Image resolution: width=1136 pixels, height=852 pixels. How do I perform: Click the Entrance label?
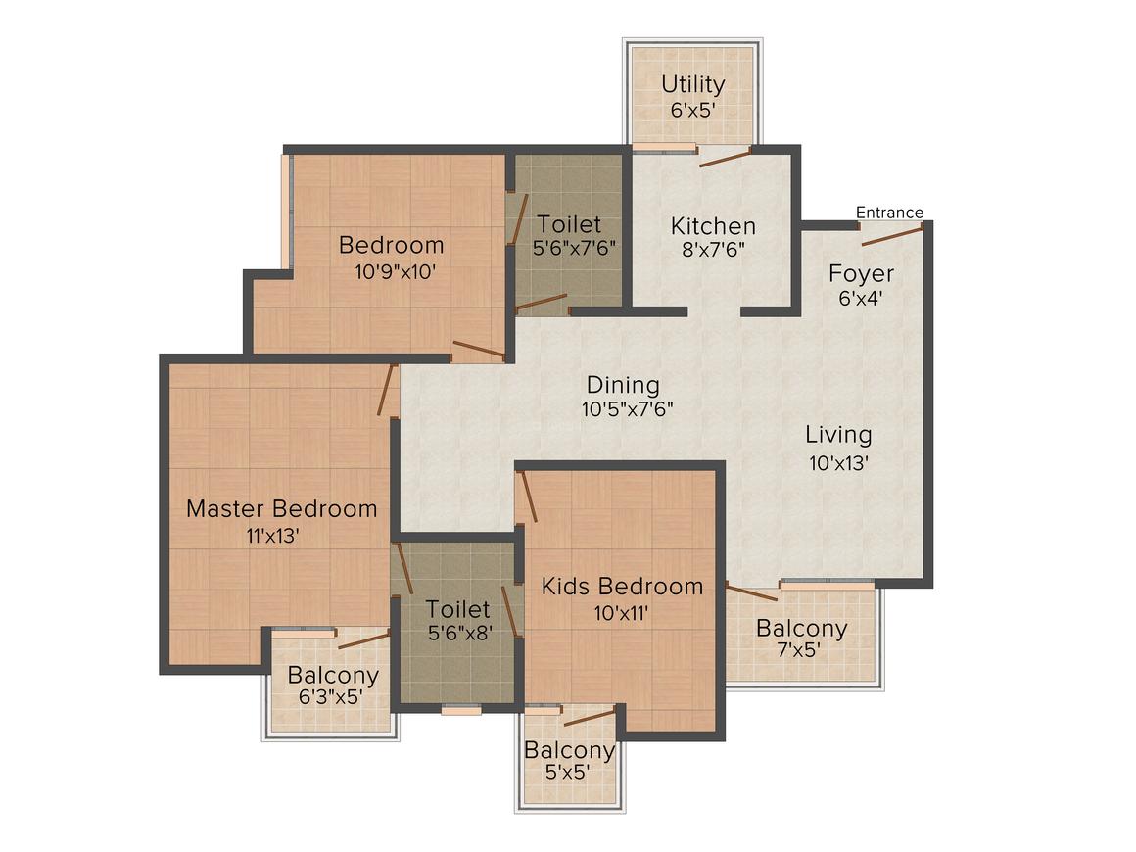pyautogui.click(x=889, y=213)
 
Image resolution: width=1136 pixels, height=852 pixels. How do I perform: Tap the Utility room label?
pyautogui.click(x=693, y=85)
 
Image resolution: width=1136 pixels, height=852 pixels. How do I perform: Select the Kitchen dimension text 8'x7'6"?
pyautogui.click(x=714, y=250)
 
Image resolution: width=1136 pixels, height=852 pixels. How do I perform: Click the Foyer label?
pyautogui.click(x=861, y=274)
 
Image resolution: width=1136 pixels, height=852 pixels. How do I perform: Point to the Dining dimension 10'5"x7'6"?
pyautogui.click(x=628, y=409)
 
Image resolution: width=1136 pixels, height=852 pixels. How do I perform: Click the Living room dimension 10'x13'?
pyautogui.click(x=839, y=463)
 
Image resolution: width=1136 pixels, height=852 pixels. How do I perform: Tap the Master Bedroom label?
pyautogui.click(x=282, y=508)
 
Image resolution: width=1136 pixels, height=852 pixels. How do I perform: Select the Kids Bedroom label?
pyautogui.click(x=622, y=586)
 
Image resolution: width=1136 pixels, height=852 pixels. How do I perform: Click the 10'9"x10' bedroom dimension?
pyautogui.click(x=396, y=271)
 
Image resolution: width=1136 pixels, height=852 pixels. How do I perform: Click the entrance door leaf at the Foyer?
pyautogui.click(x=892, y=235)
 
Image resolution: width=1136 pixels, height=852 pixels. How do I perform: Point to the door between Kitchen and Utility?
pyautogui.click(x=726, y=157)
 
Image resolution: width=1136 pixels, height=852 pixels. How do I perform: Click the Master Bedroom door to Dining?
pyautogui.click(x=388, y=390)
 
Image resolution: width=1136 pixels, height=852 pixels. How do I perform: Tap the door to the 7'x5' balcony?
pyautogui.click(x=752, y=592)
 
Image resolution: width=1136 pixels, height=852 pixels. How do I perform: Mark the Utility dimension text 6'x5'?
pyautogui.click(x=693, y=111)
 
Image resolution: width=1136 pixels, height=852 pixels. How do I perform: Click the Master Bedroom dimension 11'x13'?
pyautogui.click(x=273, y=536)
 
